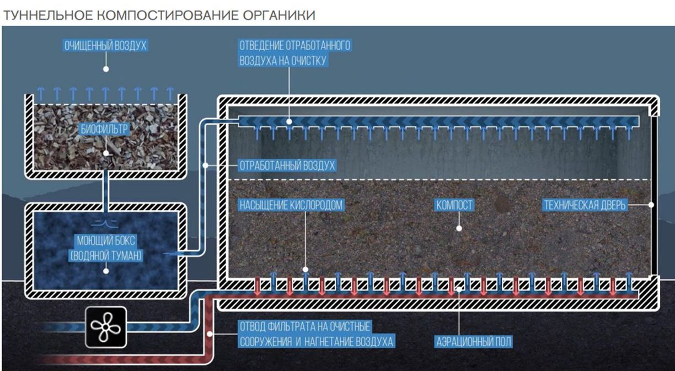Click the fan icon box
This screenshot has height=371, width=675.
[106, 327]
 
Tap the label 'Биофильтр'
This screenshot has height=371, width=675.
[105, 130]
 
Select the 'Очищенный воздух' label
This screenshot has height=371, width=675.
[105, 45]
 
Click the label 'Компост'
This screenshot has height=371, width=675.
[454, 206]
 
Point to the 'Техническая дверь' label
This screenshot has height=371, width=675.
[585, 206]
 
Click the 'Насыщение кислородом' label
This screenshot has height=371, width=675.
[291, 206]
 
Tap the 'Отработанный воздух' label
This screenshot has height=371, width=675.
[287, 165]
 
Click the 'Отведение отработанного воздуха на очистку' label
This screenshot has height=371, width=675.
[295, 53]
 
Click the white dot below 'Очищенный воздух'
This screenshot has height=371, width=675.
[105, 69]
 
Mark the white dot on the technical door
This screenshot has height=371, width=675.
[651, 205]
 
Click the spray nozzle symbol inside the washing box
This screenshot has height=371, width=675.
[105, 223]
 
